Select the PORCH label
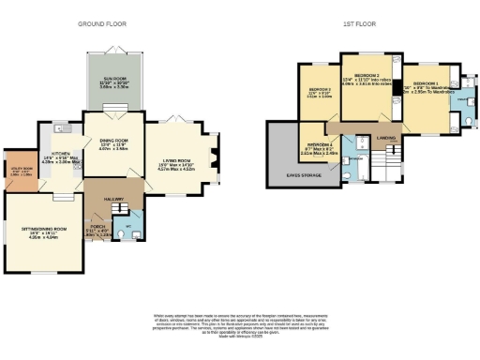(x=97, y=225)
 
